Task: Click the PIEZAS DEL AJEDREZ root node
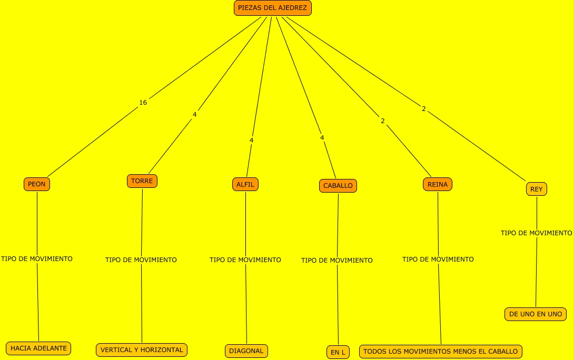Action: click(x=272, y=8)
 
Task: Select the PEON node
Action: click(x=37, y=184)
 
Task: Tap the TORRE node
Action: click(x=142, y=181)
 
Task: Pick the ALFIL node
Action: click(x=245, y=184)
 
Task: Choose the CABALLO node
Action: click(x=338, y=186)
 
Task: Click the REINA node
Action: click(x=438, y=184)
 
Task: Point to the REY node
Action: click(x=537, y=189)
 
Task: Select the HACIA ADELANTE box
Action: click(x=38, y=348)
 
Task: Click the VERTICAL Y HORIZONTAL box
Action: click(x=142, y=350)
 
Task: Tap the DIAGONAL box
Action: click(x=246, y=351)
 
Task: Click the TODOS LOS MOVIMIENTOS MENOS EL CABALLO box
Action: click(x=441, y=352)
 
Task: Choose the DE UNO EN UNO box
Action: click(x=536, y=314)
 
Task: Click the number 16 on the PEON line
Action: click(x=143, y=103)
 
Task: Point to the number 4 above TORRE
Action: click(x=195, y=114)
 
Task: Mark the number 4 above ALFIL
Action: click(x=252, y=141)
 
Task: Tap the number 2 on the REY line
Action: click(x=424, y=109)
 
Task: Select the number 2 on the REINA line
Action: click(x=383, y=121)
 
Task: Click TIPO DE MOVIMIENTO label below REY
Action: click(x=536, y=233)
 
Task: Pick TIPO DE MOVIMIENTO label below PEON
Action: click(x=37, y=259)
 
